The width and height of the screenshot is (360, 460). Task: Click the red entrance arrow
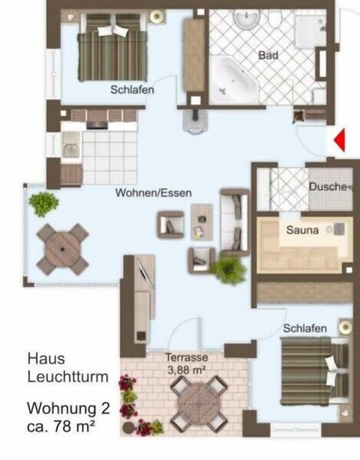(x=340, y=140)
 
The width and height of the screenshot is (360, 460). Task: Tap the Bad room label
(x=268, y=55)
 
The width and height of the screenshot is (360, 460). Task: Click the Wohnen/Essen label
(x=153, y=193)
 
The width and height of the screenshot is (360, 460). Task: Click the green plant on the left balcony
(x=44, y=202)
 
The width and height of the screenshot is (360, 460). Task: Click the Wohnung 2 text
(x=68, y=409)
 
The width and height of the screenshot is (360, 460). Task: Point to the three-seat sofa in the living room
(x=235, y=222)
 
